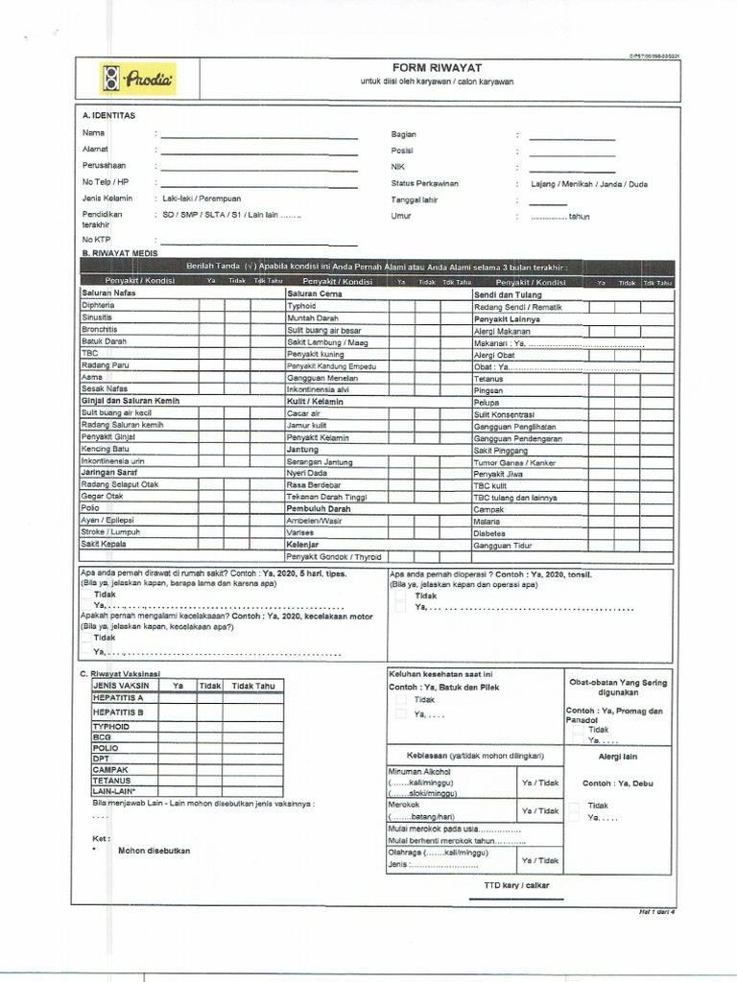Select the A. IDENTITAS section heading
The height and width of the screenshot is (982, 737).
[108, 115]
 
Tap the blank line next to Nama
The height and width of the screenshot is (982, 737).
[259, 137]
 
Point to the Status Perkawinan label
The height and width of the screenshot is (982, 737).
[424, 183]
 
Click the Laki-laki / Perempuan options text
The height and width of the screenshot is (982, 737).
[202, 199]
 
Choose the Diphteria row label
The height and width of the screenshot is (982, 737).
[100, 305]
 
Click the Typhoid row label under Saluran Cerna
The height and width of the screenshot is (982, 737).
[301, 305]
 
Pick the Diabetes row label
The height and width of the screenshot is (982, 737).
[489, 533]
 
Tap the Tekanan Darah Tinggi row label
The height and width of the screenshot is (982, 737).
[326, 497]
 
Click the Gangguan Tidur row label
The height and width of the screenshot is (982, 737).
[502, 545]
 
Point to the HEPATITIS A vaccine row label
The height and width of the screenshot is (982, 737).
[118, 698]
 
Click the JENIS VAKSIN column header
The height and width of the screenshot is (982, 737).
[122, 686]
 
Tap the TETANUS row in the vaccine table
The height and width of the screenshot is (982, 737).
[111, 781]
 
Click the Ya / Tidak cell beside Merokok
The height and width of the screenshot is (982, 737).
[539, 810]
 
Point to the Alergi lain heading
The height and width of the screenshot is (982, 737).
[605, 757]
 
